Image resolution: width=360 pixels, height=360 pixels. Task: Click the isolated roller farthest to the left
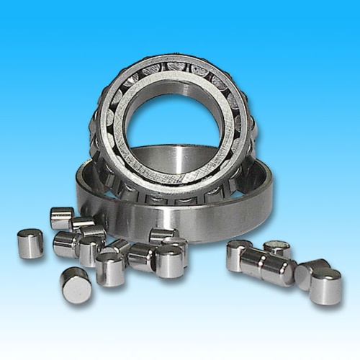point(30,243)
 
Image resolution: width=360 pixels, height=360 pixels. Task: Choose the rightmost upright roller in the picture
point(325,285)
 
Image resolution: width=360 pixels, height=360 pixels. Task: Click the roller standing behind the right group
point(277,248)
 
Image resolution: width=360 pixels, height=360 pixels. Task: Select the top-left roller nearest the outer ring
point(62,217)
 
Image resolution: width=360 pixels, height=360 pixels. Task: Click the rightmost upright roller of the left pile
point(169,261)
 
